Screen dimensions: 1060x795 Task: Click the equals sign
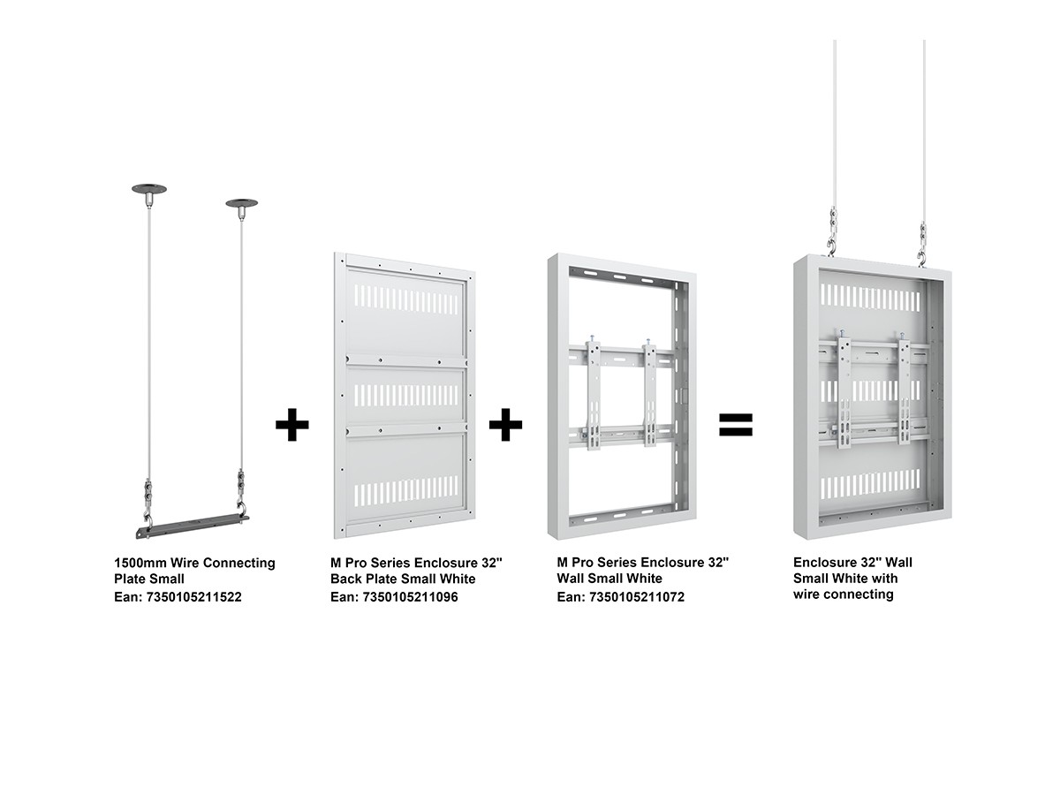735,424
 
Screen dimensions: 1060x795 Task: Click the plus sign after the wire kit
291,424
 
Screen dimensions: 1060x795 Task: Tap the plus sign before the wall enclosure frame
505,424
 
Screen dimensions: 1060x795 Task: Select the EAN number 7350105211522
193,597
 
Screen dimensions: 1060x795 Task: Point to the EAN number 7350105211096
410,597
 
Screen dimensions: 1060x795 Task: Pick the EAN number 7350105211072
637,597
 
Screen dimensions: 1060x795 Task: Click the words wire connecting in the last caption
843,594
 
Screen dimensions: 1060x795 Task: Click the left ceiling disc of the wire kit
148,189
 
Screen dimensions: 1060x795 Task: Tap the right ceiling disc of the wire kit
241,203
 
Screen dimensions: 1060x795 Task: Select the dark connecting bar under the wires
193,526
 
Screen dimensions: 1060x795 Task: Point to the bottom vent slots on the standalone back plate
406,491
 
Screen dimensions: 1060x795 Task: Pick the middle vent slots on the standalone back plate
406,395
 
